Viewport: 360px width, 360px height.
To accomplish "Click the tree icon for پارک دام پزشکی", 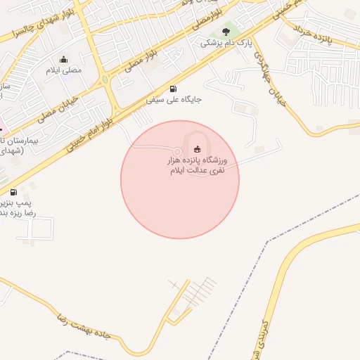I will tap(225, 31).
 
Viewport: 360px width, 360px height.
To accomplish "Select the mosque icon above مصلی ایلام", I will tap(64, 59).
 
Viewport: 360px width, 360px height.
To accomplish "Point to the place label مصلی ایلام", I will tap(64, 71).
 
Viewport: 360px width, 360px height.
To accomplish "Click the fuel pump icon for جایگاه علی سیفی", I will tap(173, 89).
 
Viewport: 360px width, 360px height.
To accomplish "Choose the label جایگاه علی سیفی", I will tap(174, 100).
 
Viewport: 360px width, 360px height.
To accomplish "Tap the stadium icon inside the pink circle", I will tap(197, 149).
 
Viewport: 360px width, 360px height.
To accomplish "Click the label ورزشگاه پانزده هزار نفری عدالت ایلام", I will tap(201, 166).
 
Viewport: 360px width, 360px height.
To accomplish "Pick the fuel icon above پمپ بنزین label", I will tap(13, 191).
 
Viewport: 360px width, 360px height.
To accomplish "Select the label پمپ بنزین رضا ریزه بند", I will tap(18, 207).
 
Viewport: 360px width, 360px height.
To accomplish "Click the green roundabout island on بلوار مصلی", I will tap(105, 78).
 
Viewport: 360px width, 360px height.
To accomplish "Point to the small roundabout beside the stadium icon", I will tap(178, 150).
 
